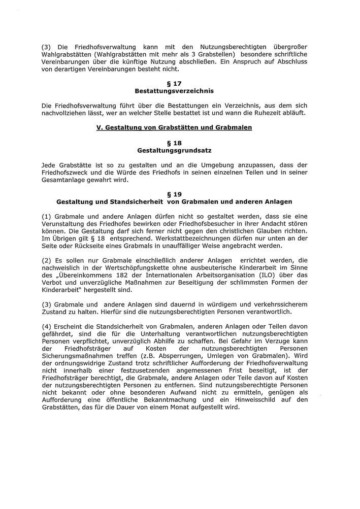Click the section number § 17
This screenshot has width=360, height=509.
point(174,83)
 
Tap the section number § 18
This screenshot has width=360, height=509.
point(174,143)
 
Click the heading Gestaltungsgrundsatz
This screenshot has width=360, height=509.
point(174,151)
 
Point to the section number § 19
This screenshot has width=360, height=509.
point(174,194)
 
